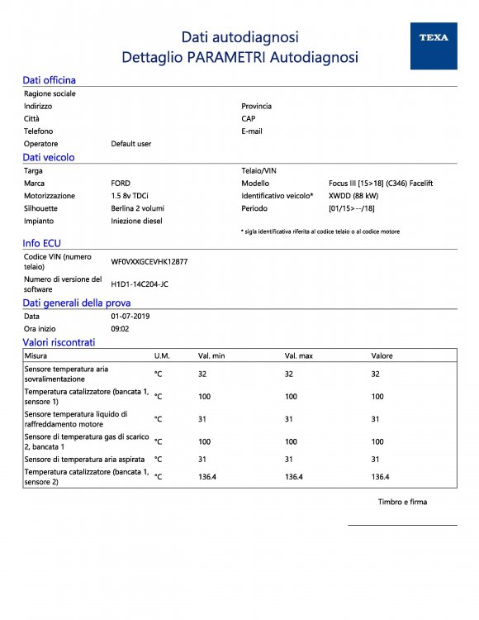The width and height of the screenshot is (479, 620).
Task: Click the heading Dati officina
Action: [x=49, y=80]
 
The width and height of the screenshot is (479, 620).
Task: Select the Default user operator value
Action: [x=131, y=144]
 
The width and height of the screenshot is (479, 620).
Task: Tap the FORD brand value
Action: [x=121, y=183]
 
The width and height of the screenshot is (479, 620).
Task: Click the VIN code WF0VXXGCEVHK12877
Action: [x=149, y=261]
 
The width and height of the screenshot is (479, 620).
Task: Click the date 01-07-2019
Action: [x=130, y=317]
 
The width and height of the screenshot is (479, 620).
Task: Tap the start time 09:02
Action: [x=120, y=329]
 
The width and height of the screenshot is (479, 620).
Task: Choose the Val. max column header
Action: [x=299, y=355]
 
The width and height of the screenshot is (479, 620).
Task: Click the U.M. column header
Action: [x=162, y=355]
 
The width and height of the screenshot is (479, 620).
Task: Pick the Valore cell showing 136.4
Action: [x=380, y=477]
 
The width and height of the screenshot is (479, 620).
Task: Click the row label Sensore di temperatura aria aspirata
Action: [x=85, y=459]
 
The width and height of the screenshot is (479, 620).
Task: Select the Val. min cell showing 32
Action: [x=202, y=374]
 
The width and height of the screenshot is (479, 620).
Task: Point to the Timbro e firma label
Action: [x=402, y=502]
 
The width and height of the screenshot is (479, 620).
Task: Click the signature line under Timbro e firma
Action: [x=402, y=525]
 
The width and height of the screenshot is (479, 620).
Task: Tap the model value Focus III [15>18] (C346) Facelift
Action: [x=381, y=183]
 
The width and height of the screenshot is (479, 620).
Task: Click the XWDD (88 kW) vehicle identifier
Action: [x=353, y=196]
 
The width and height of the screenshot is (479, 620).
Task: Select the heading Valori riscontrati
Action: [x=59, y=342]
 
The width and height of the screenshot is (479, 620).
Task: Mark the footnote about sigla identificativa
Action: [x=320, y=231]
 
